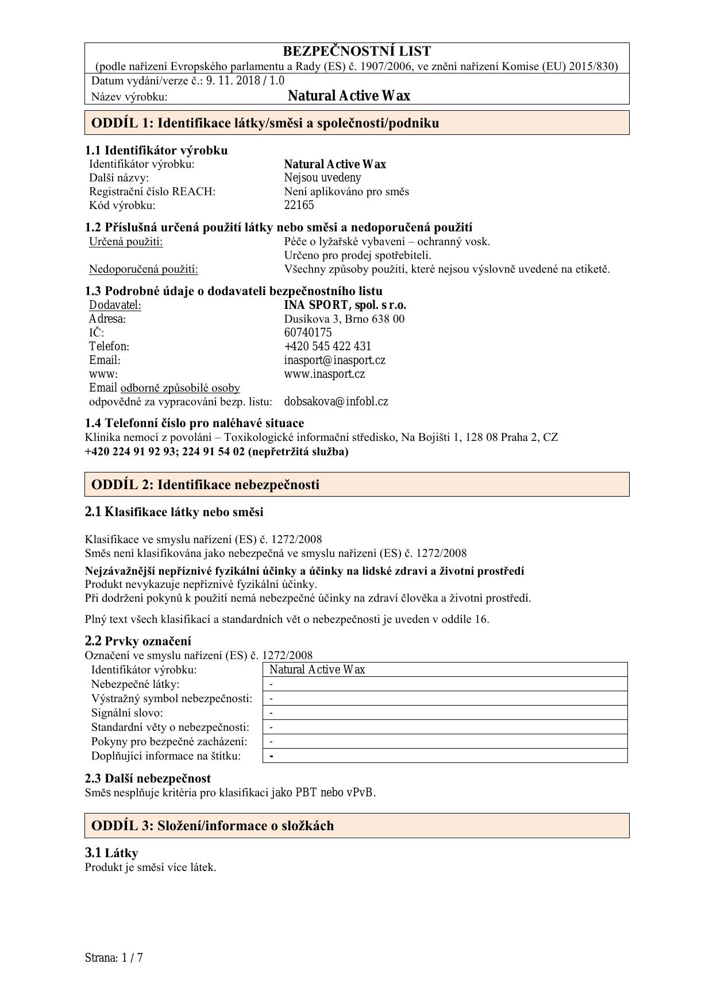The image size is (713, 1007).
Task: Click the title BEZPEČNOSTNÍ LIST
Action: (357, 51)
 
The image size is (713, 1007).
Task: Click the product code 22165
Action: (299, 205)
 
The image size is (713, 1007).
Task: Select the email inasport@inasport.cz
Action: (334, 360)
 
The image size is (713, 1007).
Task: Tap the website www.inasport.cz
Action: (324, 374)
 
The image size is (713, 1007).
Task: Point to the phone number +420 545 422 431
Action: (327, 346)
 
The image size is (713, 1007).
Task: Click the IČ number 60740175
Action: (307, 332)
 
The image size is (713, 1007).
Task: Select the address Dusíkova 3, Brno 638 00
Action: (344, 319)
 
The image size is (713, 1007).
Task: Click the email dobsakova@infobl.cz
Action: (336, 401)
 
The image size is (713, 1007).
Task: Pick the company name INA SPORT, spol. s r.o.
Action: (345, 305)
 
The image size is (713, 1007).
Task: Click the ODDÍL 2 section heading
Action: (205, 485)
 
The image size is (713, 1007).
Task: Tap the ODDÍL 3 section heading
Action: (212, 826)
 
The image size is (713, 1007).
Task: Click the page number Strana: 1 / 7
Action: (113, 958)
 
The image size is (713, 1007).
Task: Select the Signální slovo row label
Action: (127, 712)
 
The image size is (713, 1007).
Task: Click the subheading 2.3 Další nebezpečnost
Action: (148, 778)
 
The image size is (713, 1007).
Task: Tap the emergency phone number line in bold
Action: (216, 451)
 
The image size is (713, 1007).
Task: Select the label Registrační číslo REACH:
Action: (152, 191)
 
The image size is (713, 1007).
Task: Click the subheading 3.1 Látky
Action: (111, 853)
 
